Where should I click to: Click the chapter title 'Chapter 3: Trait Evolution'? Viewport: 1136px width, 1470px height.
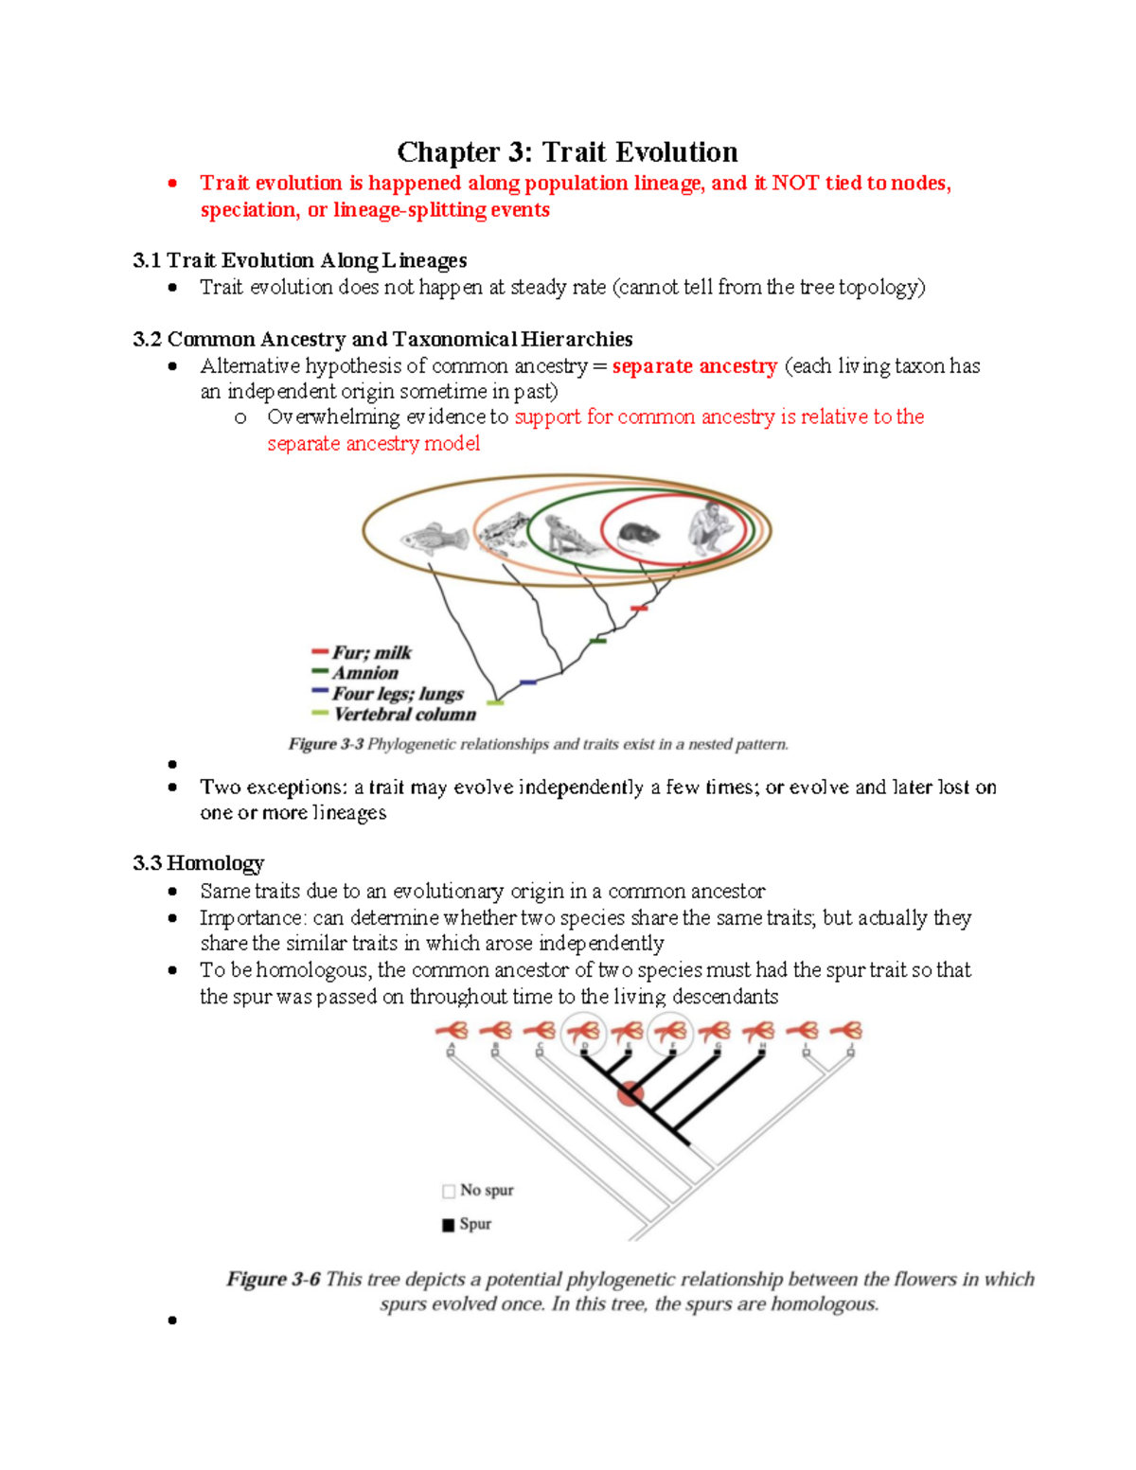tap(567, 152)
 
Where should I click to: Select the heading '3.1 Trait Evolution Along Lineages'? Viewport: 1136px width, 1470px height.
tap(299, 260)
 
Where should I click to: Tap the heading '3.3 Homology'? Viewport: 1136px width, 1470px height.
tap(198, 863)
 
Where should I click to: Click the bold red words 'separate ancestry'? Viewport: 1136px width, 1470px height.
tap(694, 366)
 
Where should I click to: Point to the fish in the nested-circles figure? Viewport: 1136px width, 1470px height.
tap(434, 540)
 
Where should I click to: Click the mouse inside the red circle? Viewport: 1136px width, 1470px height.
tap(637, 535)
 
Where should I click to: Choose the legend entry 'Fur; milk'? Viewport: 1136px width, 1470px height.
tap(371, 652)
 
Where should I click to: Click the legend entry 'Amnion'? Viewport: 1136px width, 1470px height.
tap(364, 673)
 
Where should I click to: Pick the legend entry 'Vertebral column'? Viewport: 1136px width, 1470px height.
tap(404, 715)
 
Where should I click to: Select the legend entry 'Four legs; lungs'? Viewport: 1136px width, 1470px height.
tap(397, 694)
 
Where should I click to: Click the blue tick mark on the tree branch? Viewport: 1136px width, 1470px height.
tap(528, 682)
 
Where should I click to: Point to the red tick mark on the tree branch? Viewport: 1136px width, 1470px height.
tap(639, 609)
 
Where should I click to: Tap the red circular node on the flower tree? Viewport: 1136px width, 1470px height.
tap(630, 1095)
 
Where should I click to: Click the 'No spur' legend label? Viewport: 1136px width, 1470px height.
tap(487, 1190)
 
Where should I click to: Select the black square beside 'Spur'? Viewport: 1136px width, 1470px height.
tap(449, 1225)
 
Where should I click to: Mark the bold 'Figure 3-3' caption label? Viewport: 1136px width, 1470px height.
tap(326, 744)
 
